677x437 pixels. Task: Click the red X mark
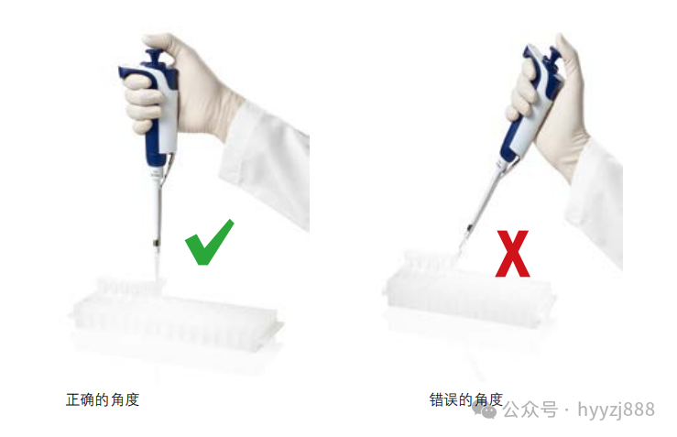[512, 254]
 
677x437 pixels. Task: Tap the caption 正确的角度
[103, 399]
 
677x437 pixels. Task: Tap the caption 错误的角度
[466, 399]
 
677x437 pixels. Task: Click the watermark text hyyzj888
[617, 410]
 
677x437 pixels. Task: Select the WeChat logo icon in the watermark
[485, 410]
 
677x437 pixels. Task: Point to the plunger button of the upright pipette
[154, 56]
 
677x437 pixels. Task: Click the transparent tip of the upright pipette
[158, 265]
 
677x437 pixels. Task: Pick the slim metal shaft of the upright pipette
[158, 212]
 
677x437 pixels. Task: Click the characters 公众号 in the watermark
[530, 410]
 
